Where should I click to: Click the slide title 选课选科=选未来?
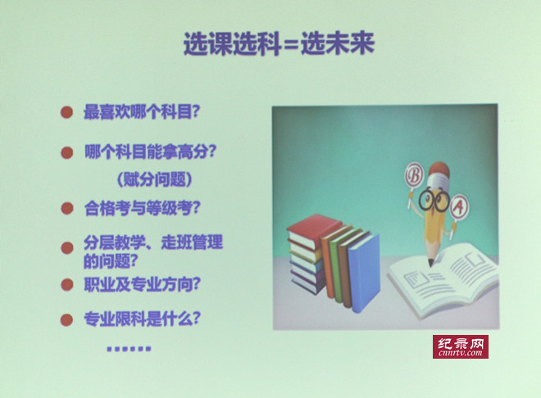[279, 43]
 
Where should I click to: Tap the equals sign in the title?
[289, 46]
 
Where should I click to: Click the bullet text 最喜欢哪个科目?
[142, 111]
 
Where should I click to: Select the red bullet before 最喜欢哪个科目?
[67, 112]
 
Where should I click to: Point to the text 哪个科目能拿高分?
[150, 152]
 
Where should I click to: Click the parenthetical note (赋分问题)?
[155, 179]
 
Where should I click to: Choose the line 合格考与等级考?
[142, 208]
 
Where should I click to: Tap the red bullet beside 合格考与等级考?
[67, 208]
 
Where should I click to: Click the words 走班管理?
[192, 242]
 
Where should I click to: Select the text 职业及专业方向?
[142, 284]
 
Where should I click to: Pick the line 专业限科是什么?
[142, 319]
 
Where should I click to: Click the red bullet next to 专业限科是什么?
[66, 319]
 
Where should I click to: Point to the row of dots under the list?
[129, 349]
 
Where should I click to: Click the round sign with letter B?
[414, 176]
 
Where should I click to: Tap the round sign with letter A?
[459, 206]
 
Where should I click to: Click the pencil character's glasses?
[434, 199]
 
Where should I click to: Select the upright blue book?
[364, 273]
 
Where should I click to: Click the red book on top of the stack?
[312, 230]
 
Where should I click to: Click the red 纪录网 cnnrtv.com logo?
[461, 346]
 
